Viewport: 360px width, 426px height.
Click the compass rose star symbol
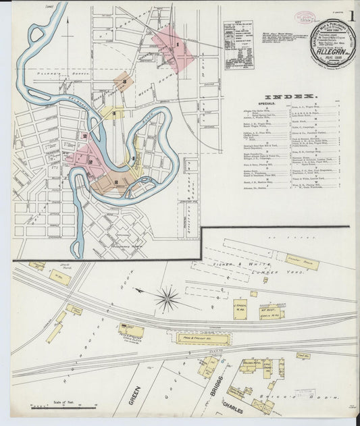tap(167, 298)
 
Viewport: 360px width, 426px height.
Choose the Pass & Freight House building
tap(202, 338)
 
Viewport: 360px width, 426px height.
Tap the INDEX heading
tap(290, 97)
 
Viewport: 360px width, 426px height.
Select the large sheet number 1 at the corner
tap(353, 18)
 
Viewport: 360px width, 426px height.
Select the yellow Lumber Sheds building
tap(301, 262)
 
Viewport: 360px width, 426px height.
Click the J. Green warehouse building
tap(240, 309)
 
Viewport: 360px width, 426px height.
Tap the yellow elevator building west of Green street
tap(130, 331)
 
